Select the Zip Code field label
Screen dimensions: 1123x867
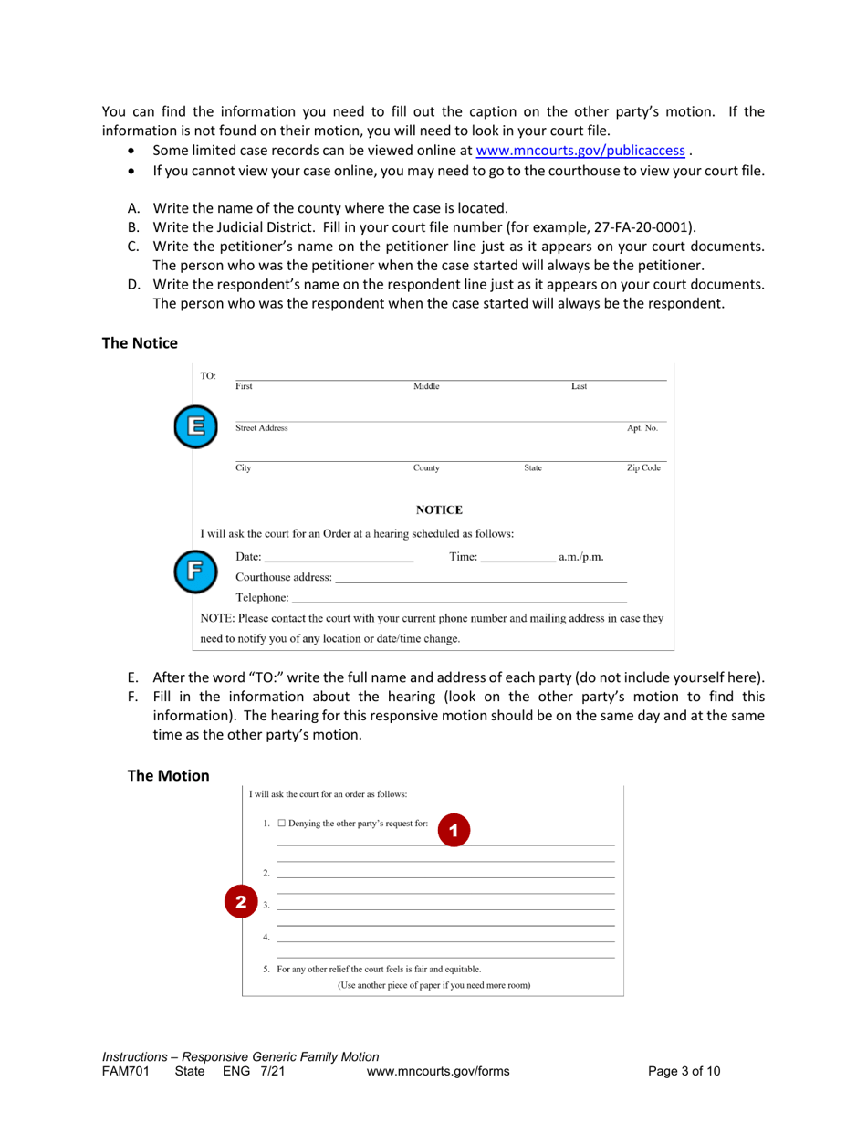(643, 468)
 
